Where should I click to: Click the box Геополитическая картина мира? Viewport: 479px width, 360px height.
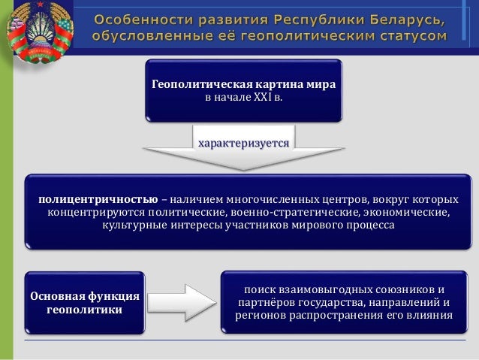point(243,90)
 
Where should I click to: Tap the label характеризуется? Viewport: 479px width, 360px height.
point(243,141)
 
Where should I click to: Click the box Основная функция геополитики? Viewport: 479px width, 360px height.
point(85,302)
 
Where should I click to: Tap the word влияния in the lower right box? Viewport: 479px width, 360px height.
point(431,315)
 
